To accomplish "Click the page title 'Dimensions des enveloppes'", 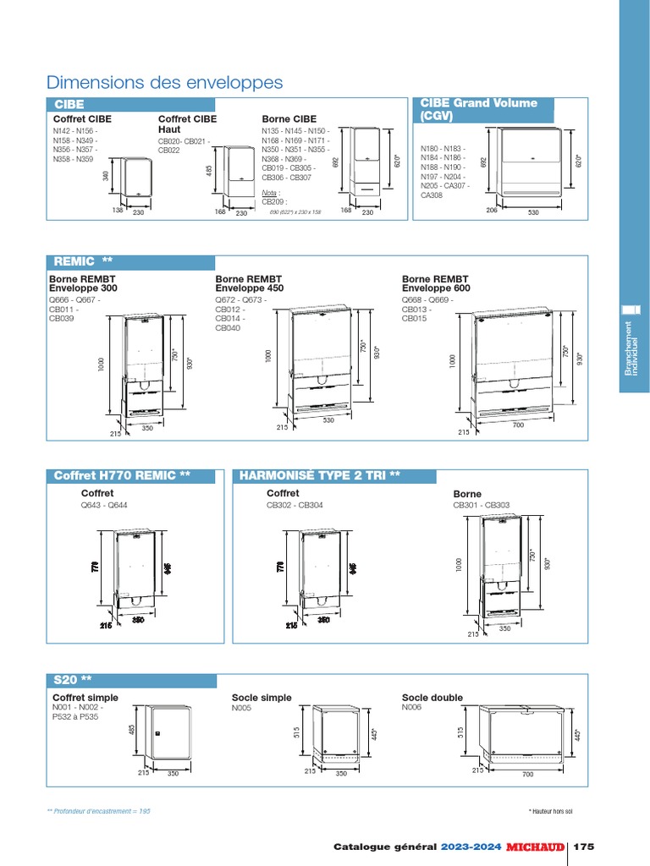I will click(165, 82).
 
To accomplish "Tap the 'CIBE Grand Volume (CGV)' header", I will click(479, 109).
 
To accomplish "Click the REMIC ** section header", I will click(83, 261).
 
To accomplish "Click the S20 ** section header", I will click(73, 680).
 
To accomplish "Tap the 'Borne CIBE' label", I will click(289, 119).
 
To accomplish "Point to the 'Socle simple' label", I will click(262, 698).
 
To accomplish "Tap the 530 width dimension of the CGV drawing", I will click(533, 213).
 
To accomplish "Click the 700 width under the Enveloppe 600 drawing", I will click(518, 425).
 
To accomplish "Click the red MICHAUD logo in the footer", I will click(536, 847).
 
